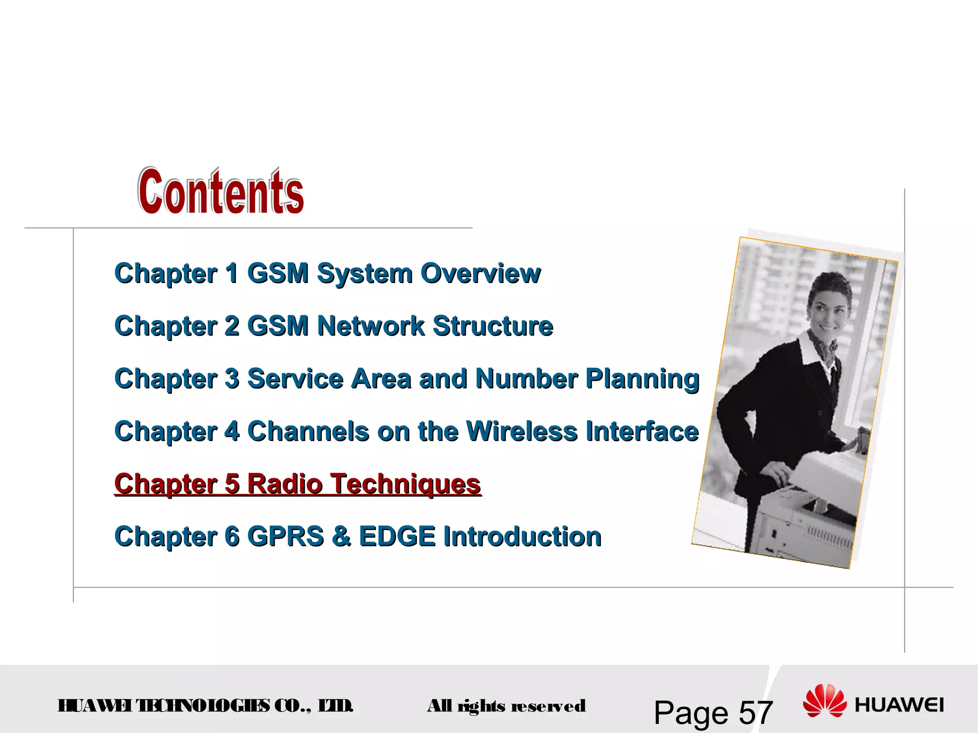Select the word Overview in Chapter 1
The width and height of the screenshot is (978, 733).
tap(480, 273)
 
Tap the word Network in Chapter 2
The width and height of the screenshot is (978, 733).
tap(371, 326)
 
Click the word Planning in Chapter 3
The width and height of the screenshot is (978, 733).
tap(642, 379)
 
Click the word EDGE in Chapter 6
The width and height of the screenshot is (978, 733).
tap(397, 536)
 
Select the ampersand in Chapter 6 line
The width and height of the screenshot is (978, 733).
tap(341, 536)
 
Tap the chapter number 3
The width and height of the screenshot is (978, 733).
tap(232, 379)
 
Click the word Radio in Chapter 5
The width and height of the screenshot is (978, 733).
tap(285, 484)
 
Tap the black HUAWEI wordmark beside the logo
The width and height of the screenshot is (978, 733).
tap(899, 705)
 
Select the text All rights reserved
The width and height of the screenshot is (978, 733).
tap(506, 706)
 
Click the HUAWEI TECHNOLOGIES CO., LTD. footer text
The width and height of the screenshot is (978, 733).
tap(205, 705)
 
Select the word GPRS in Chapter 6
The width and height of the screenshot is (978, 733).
tap(286, 536)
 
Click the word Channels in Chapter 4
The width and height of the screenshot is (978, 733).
tap(308, 431)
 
